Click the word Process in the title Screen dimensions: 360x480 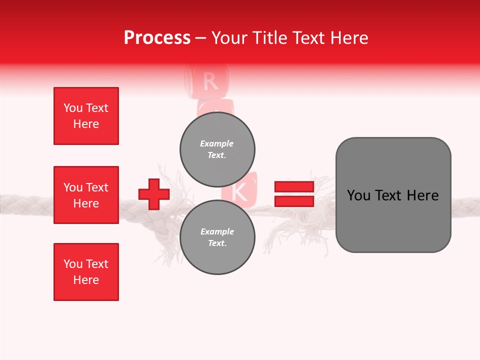pyautogui.click(x=157, y=38)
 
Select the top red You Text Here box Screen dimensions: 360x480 pyautogui.click(x=86, y=116)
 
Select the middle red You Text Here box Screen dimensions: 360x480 pyautogui.click(x=86, y=195)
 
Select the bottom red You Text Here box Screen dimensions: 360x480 pyautogui.click(x=86, y=272)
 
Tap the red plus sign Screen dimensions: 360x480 pyautogui.click(x=153, y=194)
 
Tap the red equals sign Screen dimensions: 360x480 pyautogui.click(x=294, y=194)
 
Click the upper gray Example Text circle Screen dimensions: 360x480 pyautogui.click(x=217, y=149)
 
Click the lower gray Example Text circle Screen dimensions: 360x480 pyautogui.click(x=217, y=237)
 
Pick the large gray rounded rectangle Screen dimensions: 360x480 pyautogui.click(x=393, y=195)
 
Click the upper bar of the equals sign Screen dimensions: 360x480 pyautogui.click(x=294, y=187)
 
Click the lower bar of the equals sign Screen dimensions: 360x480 pyautogui.click(x=294, y=201)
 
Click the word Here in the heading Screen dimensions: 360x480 pyautogui.click(x=350, y=38)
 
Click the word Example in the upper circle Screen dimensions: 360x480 pyautogui.click(x=216, y=143)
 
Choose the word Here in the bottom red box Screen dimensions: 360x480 pyautogui.click(x=86, y=280)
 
